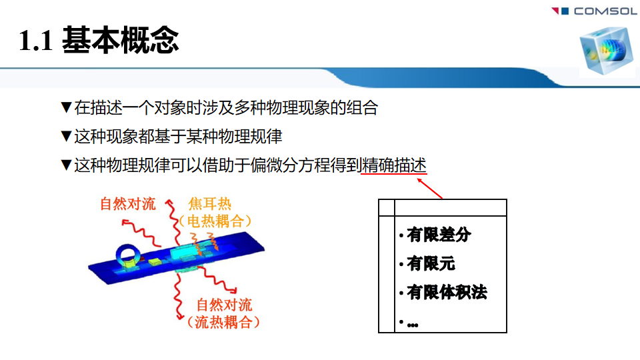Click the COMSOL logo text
click(x=605, y=11)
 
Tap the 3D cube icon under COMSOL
click(x=606, y=50)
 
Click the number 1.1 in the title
click(x=35, y=41)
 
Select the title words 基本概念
click(x=121, y=40)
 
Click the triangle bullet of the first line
click(x=66, y=107)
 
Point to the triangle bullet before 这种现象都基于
click(x=66, y=136)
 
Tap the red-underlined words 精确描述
click(x=394, y=165)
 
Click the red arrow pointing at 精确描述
click(x=429, y=189)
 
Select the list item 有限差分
click(x=439, y=235)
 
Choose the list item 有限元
click(x=431, y=264)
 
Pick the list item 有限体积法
click(x=447, y=292)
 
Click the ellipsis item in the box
click(x=412, y=325)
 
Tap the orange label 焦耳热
click(x=210, y=204)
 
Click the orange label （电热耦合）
click(x=215, y=221)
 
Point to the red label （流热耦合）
click(x=223, y=322)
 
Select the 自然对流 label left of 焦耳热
click(x=128, y=204)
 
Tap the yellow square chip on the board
click(x=155, y=261)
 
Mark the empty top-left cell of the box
click(x=387, y=208)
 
